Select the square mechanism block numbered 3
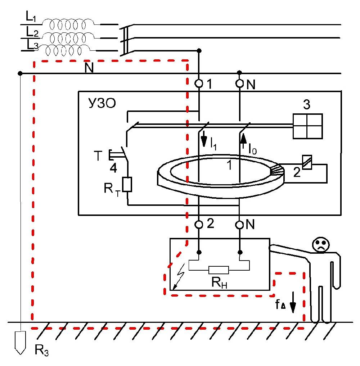pyautogui.click(x=307, y=126)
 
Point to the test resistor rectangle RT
pyautogui.click(x=128, y=184)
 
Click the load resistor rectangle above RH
pyautogui.click(x=219, y=270)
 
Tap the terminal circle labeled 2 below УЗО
pyautogui.click(x=199, y=225)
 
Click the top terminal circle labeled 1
pyautogui.click(x=199, y=84)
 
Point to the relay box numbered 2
pyautogui.click(x=306, y=161)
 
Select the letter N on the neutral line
pyautogui.click(x=89, y=68)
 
